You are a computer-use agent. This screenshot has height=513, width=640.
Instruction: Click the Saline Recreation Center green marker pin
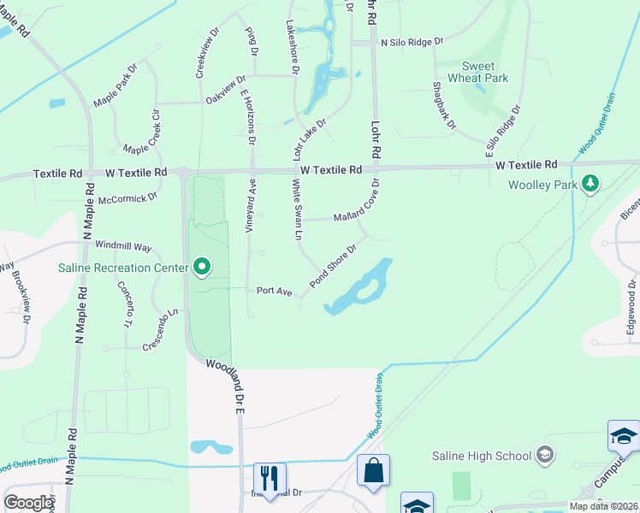point(202,268)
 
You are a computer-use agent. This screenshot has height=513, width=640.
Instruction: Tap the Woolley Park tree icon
point(589,184)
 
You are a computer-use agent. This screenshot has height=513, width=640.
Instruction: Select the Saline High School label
point(481,456)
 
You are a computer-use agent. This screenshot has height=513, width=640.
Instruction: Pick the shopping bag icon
point(373,469)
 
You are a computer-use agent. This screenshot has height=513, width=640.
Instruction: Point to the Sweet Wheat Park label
point(484,72)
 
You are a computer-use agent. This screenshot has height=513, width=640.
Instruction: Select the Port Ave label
point(275,291)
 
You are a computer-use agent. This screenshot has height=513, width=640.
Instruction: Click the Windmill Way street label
point(123,245)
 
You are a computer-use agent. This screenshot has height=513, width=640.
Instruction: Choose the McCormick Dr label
point(128,198)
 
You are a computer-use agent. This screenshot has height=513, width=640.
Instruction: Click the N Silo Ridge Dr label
point(412,41)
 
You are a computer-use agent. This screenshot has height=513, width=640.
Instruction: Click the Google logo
point(28,502)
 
